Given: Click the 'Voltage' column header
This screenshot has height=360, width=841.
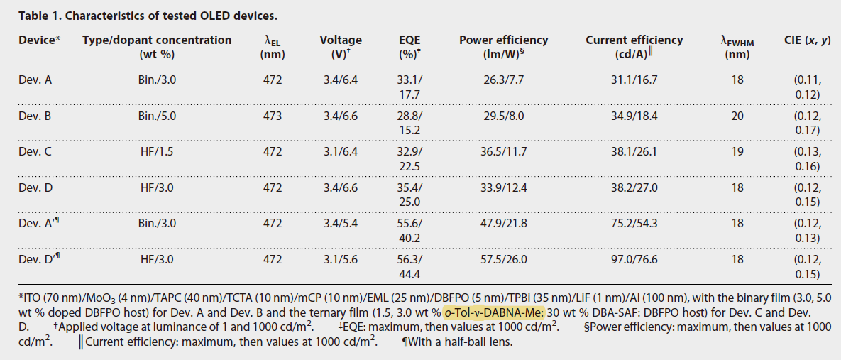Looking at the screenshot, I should (340, 40).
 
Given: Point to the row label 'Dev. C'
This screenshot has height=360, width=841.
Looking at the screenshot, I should (35, 151).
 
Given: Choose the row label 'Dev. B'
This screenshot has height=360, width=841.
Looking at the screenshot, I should (35, 115).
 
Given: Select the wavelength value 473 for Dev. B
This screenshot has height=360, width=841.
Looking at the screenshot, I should (273, 115).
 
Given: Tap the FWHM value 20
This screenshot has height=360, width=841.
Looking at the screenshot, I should (737, 115).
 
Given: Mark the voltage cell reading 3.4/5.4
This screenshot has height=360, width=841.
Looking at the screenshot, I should (340, 223).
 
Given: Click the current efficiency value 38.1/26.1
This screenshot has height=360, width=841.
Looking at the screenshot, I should (624, 151).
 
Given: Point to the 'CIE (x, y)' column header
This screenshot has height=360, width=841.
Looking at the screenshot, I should (808, 40).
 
